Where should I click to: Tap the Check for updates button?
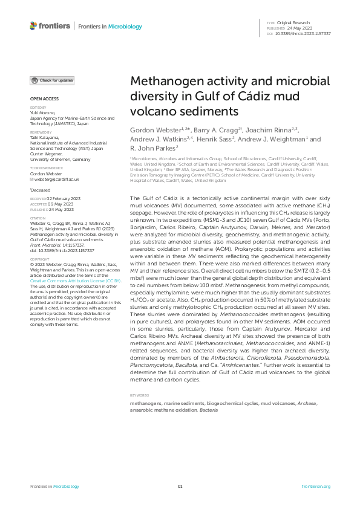[53, 80]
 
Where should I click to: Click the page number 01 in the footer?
[180, 486]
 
